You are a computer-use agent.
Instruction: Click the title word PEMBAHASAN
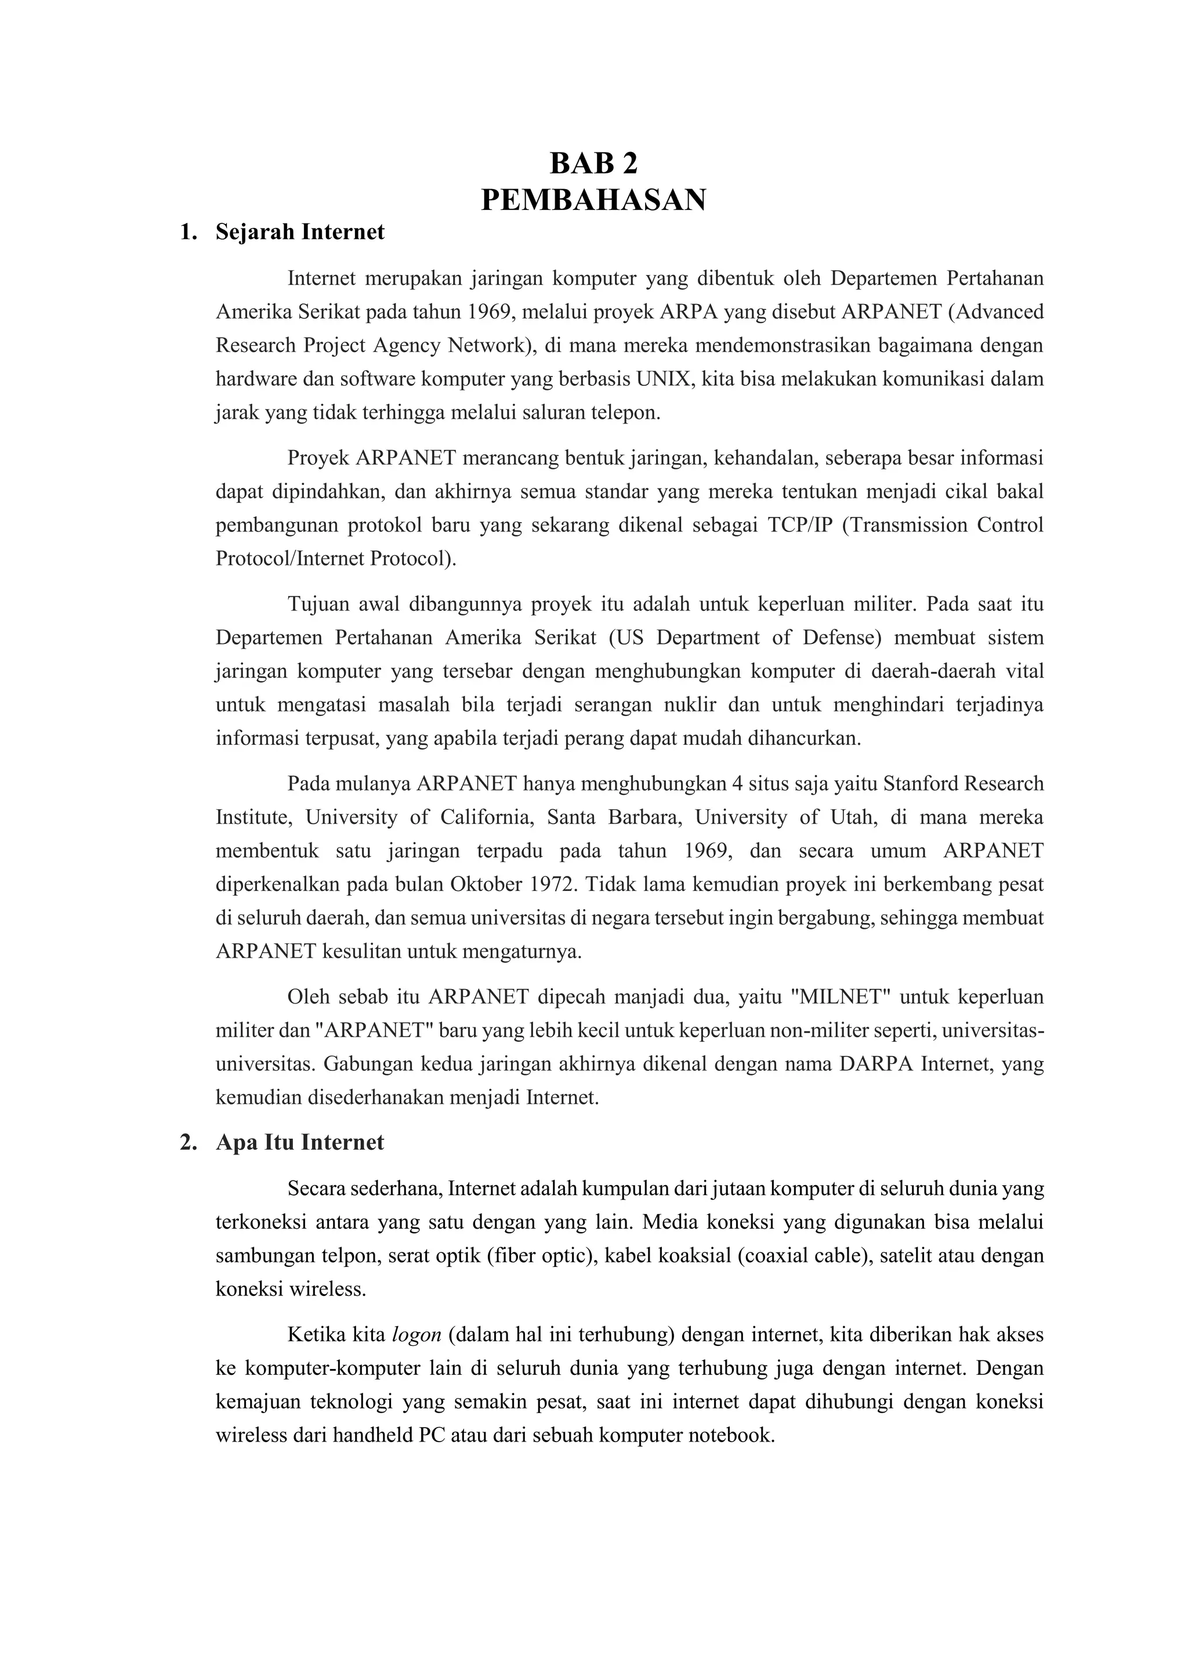point(593,200)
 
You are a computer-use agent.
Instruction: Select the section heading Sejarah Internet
point(300,232)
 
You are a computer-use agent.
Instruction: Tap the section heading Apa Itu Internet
point(299,1143)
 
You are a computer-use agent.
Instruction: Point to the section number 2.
point(187,1143)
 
